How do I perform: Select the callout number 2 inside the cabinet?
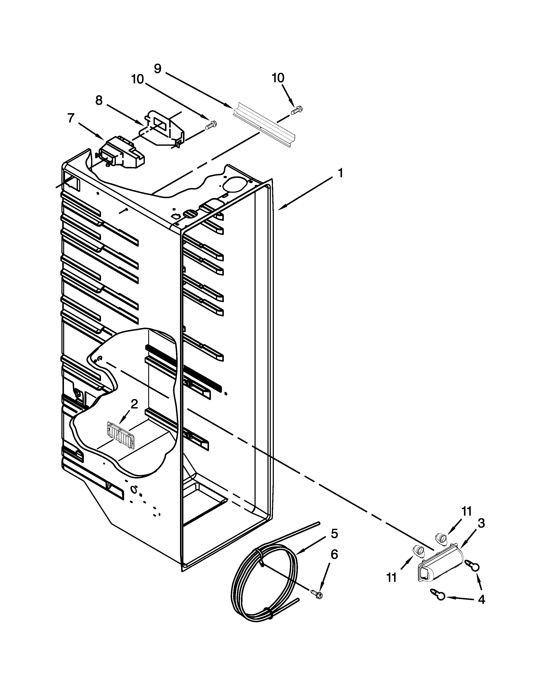tap(134, 404)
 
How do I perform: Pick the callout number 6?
tap(334, 555)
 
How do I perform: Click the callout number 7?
tap(71, 118)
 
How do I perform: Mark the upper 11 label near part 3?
tap(467, 512)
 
